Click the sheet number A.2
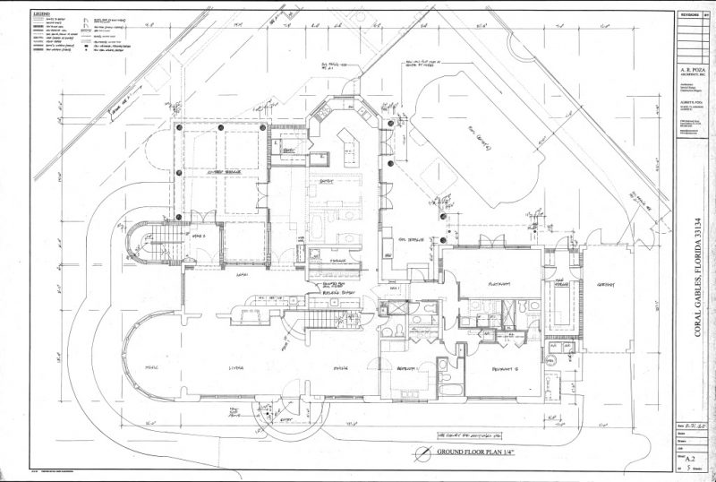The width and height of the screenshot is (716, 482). (690, 455)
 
